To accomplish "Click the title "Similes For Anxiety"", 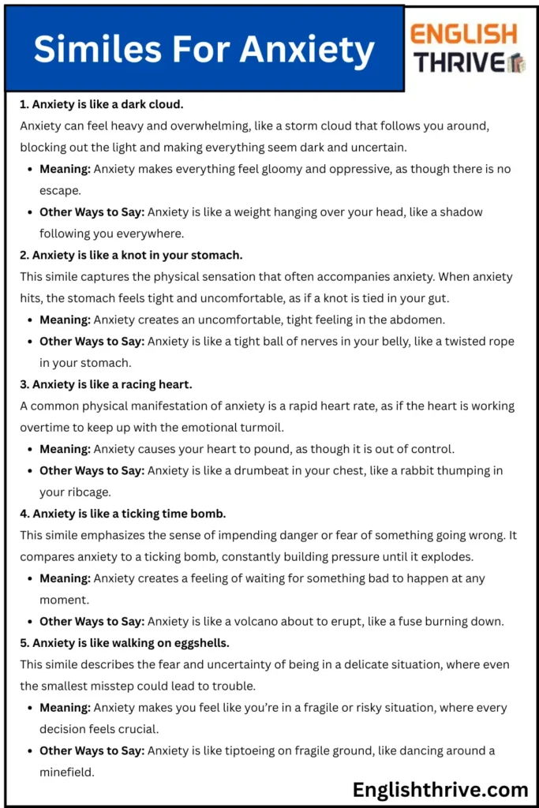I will [x=204, y=50].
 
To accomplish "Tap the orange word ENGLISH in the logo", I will [x=463, y=34].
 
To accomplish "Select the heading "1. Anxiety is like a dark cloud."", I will [x=102, y=103].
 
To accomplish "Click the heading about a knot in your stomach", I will [x=131, y=255].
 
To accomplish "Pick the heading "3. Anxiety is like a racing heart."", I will [x=106, y=384].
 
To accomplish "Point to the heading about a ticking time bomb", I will [x=123, y=514].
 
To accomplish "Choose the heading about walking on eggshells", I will [x=125, y=642].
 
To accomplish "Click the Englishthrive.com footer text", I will [x=440, y=789].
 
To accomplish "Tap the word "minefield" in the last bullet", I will [x=67, y=772].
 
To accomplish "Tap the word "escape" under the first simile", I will [x=59, y=190].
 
